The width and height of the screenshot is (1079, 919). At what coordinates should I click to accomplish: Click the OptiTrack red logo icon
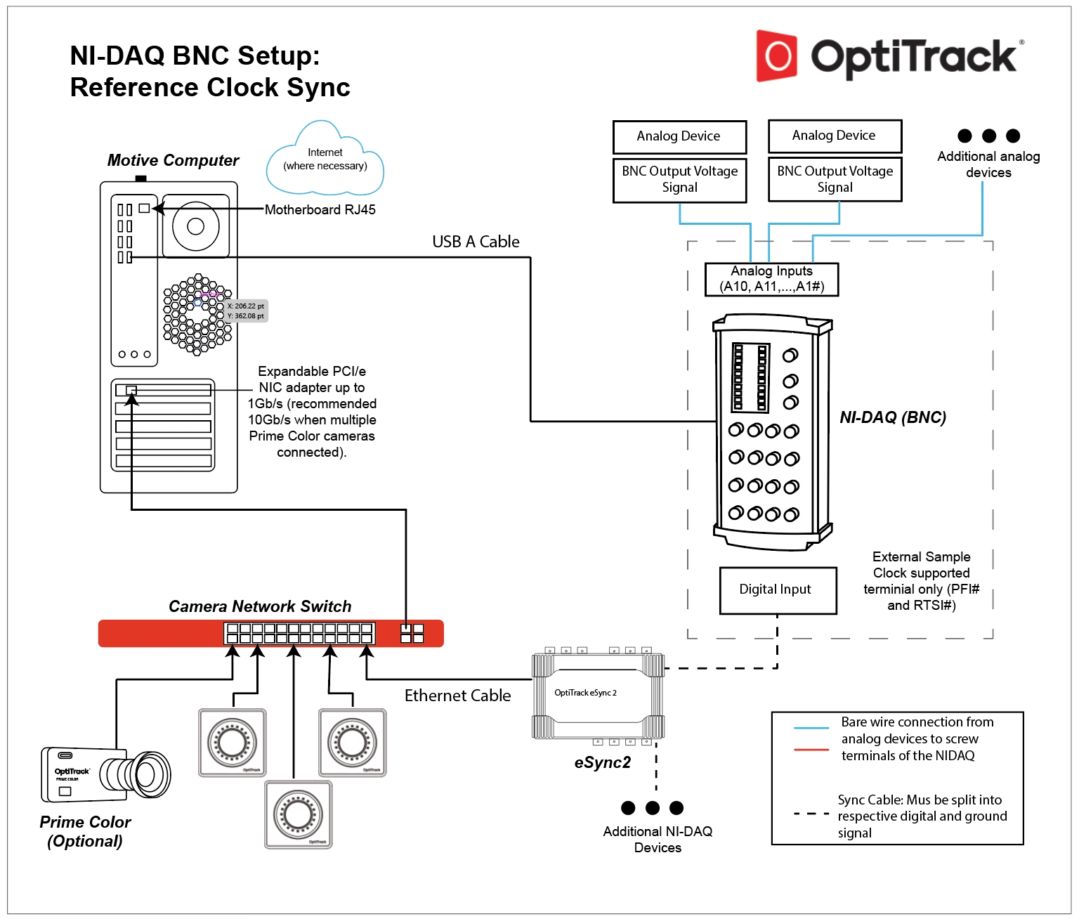pyautogui.click(x=776, y=56)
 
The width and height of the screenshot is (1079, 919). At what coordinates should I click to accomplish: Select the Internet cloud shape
pyautogui.click(x=325, y=160)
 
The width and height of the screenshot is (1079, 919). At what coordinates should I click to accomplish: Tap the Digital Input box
pyautogui.click(x=778, y=590)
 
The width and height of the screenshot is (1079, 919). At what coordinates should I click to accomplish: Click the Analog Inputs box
pyautogui.click(x=771, y=279)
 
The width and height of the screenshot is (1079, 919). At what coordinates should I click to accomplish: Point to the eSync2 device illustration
pyautogui.click(x=598, y=696)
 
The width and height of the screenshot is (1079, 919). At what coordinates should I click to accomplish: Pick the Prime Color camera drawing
pyautogui.click(x=105, y=775)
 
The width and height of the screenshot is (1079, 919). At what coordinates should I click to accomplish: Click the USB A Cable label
pyautogui.click(x=476, y=242)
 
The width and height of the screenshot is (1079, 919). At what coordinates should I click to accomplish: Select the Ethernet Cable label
pyautogui.click(x=457, y=696)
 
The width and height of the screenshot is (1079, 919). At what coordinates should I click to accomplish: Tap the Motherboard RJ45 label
pyautogui.click(x=320, y=209)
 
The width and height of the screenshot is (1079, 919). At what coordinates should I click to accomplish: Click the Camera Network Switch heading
pyautogui.click(x=260, y=606)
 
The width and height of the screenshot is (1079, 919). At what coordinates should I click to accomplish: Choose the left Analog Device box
pyautogui.click(x=679, y=136)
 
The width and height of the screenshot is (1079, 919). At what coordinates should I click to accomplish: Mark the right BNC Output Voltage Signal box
pyautogui.click(x=835, y=180)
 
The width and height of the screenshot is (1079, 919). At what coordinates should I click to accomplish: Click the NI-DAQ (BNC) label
pyautogui.click(x=893, y=417)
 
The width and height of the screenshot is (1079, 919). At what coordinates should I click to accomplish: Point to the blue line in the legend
pyautogui.click(x=811, y=728)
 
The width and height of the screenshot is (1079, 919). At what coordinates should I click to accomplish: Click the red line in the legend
pyautogui.click(x=811, y=750)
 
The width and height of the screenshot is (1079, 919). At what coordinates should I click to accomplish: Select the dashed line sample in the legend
pyautogui.click(x=811, y=814)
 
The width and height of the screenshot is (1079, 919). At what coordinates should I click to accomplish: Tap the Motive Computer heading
pyautogui.click(x=173, y=160)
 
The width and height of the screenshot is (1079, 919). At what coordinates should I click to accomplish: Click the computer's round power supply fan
pyautogui.click(x=196, y=226)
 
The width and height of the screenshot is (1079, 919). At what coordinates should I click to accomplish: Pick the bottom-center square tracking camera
pyautogui.click(x=299, y=814)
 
